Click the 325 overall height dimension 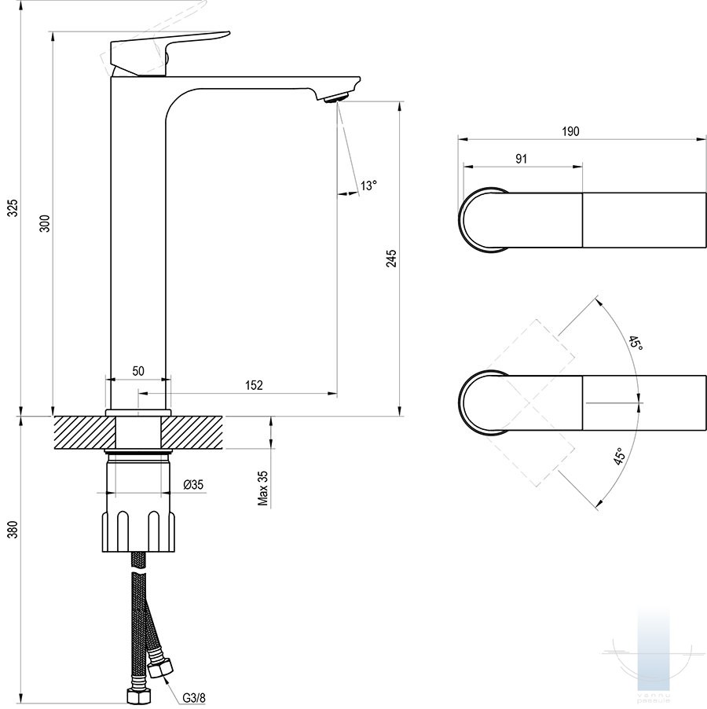(12, 208)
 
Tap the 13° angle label (368, 186)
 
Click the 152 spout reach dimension (254, 384)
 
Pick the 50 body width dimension (137, 371)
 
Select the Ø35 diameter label (193, 485)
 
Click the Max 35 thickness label (263, 488)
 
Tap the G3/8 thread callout (194, 696)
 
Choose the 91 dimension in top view (521, 158)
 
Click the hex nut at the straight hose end (137, 696)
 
